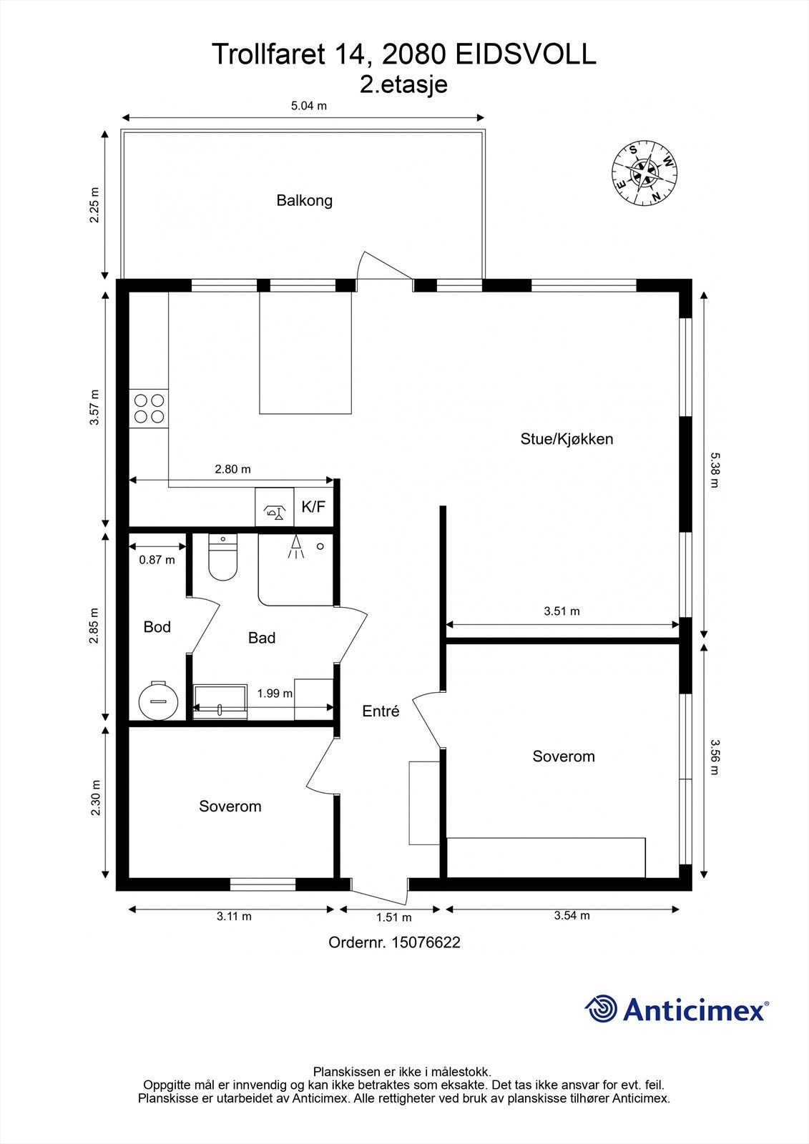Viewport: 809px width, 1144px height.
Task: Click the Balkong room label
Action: (305, 201)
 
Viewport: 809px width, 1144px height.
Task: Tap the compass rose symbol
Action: (644, 172)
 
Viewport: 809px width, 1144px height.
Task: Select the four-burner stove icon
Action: (149, 408)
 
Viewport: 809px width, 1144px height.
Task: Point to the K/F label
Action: (313, 507)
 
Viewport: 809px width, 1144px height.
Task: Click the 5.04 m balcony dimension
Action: (309, 106)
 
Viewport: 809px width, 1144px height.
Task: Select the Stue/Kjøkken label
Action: (567, 439)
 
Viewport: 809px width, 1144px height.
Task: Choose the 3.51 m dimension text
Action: (562, 611)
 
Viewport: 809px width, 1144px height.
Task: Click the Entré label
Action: (381, 711)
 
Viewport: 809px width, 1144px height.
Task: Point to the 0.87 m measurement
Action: (157, 560)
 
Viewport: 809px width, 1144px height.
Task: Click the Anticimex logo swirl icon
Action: (601, 1009)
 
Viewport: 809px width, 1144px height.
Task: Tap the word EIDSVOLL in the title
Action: (525, 55)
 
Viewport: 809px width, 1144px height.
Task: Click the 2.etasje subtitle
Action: (403, 84)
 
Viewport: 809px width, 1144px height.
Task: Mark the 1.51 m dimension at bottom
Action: (393, 917)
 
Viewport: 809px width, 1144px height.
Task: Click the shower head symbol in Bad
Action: (295, 546)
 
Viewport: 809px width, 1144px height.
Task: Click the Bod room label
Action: (157, 627)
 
